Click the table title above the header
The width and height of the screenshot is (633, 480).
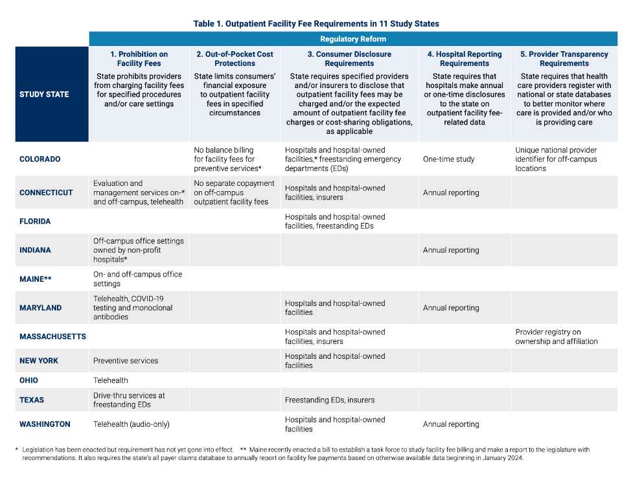point(316,24)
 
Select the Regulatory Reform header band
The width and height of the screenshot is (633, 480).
point(353,40)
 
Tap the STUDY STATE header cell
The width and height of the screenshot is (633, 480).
point(44,95)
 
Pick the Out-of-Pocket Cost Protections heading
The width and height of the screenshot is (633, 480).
point(235,59)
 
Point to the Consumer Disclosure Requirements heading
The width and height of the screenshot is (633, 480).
point(349,59)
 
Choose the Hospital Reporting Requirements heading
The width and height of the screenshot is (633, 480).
point(464,59)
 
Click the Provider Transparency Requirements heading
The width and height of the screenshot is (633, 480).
point(564,59)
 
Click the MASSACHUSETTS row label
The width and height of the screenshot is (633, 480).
point(52,337)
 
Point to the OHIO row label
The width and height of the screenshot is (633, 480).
point(29,380)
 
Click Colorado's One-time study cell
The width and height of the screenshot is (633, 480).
point(449,159)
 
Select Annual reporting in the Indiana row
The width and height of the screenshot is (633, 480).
point(451,250)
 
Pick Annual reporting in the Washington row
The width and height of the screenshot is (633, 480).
point(451,424)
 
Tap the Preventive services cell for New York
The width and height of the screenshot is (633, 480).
point(126,361)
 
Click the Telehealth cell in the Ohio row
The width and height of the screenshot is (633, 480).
point(111,380)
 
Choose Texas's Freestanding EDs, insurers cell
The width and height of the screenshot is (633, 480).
point(330,400)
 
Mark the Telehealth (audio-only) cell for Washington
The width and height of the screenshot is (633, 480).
point(133,424)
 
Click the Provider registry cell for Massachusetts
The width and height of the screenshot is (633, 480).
point(557,337)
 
